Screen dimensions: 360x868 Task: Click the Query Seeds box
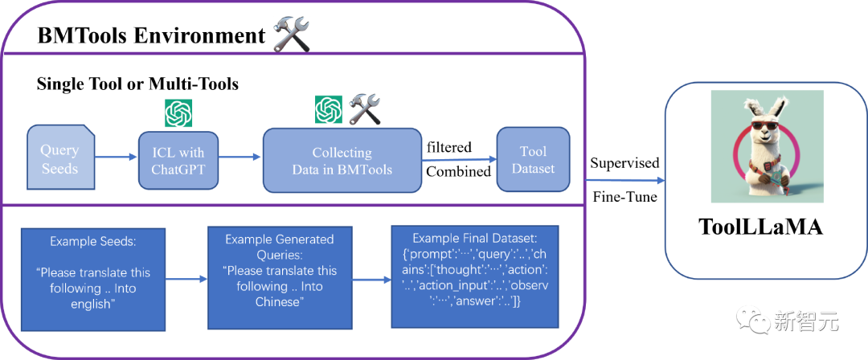60,157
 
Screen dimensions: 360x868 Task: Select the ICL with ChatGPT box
178,161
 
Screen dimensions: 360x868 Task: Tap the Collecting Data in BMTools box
342,160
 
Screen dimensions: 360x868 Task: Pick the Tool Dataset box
533,159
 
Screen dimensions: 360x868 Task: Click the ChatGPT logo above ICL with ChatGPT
178,113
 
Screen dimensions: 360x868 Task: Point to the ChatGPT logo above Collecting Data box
329,108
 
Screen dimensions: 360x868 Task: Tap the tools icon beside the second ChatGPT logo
363,108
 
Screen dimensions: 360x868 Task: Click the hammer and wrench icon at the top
290,35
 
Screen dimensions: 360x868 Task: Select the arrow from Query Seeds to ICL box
116,157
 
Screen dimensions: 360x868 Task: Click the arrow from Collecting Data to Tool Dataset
459,159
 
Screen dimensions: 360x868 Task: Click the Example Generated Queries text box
279,279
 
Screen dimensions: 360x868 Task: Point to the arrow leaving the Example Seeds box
186,280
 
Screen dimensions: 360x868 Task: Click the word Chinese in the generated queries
280,301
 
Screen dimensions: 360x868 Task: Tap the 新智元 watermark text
806,321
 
